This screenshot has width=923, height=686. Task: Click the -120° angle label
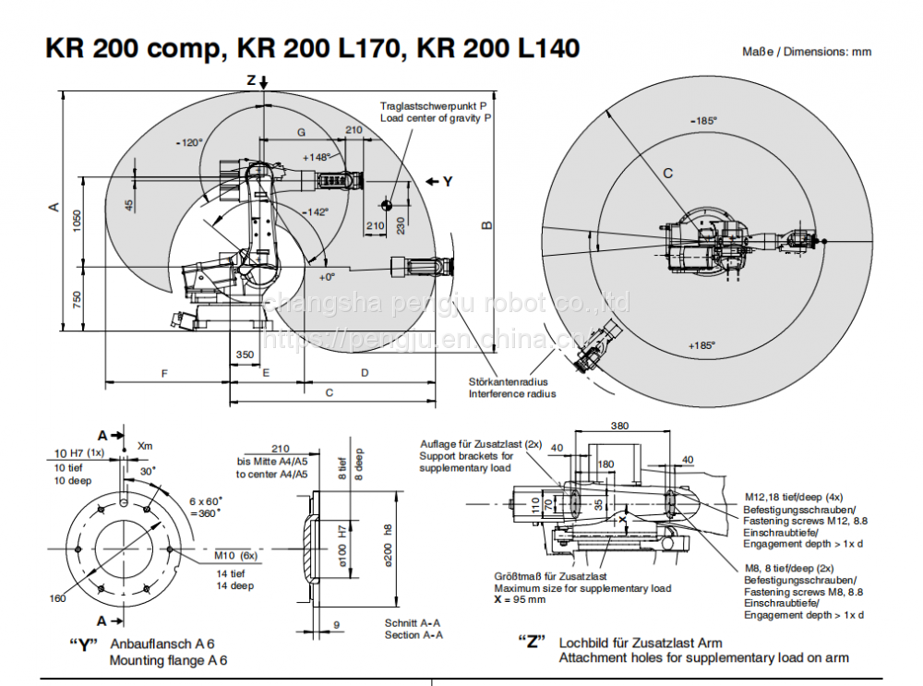[188, 142]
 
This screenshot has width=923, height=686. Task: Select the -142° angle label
[315, 211]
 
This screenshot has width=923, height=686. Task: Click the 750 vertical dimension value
[78, 299]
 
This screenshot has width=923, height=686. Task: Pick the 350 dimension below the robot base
[245, 355]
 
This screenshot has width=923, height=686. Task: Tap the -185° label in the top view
[703, 120]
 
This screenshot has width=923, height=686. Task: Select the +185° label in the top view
[701, 345]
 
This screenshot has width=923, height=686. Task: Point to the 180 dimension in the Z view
[605, 463]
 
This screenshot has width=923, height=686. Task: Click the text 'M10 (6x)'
[235, 555]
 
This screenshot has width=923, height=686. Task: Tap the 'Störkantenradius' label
[508, 381]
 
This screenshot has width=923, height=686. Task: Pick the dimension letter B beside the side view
[486, 224]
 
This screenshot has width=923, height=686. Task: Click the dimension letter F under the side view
[164, 373]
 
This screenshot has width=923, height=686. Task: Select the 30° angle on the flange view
[148, 470]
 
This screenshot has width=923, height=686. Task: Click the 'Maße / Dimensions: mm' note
[807, 52]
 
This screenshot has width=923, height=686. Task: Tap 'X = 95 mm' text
[520, 599]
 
